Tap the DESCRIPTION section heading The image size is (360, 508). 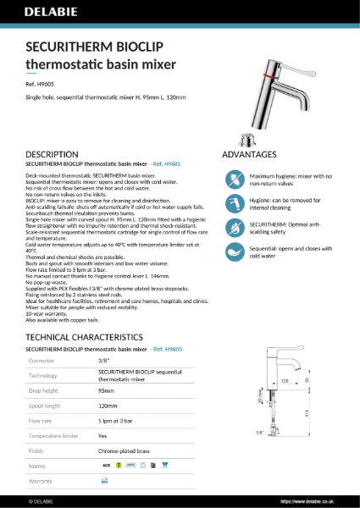click(58, 154)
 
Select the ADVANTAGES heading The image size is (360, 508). click(249, 154)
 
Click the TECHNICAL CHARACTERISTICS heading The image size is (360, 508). click(88, 337)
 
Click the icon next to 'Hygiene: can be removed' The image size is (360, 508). click(233, 203)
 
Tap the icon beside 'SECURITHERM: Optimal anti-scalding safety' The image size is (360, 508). click(233, 227)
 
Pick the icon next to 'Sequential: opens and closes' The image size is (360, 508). click(233, 251)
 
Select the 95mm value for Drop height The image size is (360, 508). click(107, 391)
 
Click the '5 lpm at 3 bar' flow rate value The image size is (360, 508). click(119, 419)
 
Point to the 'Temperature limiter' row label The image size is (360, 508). click(53, 434)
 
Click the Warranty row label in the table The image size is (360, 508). click(41, 480)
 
